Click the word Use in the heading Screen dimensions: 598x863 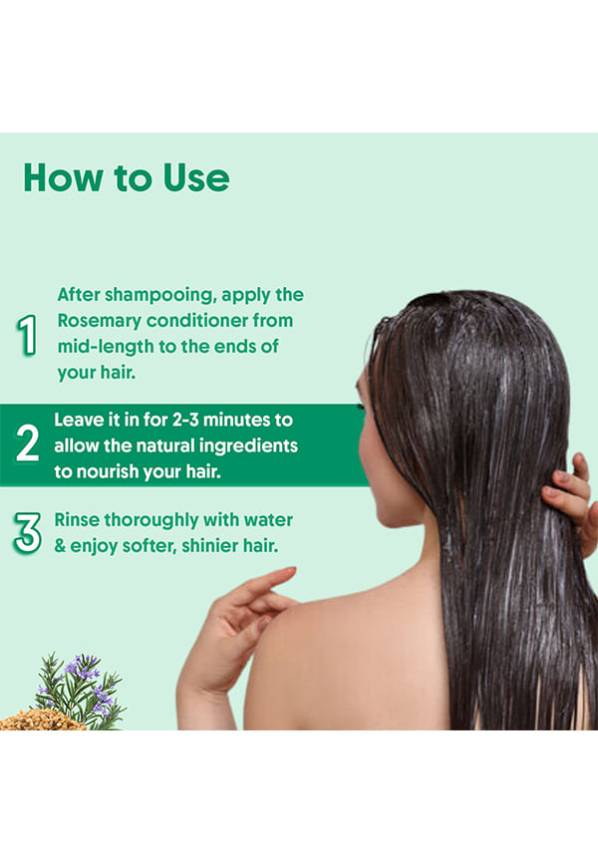coord(196,177)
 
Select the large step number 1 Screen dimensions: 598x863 coord(27,335)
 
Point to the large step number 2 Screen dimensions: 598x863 coord(28,442)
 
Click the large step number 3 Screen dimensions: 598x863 coord(28,533)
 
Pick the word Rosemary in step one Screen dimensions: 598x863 coord(99,322)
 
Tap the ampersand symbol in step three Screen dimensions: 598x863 coord(60,545)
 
